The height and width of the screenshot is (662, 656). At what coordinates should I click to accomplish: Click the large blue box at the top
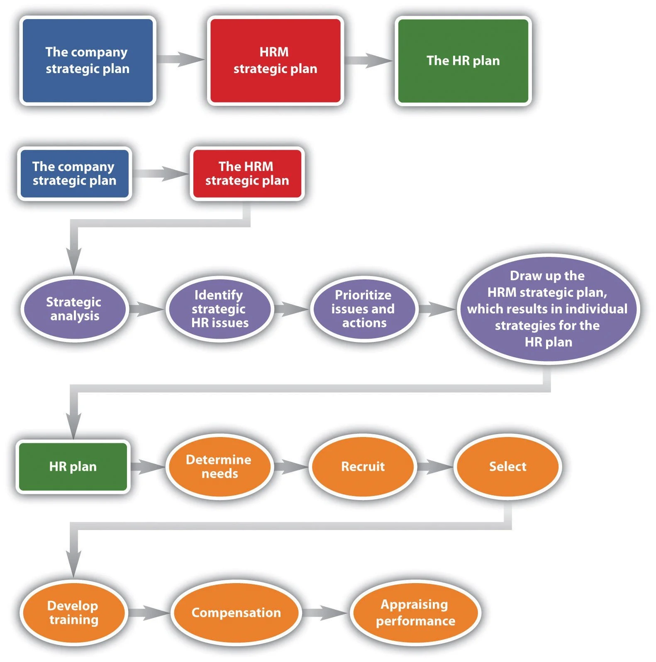click(x=88, y=61)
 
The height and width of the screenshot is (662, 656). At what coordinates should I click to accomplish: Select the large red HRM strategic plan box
click(x=275, y=61)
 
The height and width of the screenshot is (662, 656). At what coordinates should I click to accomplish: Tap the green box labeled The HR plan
click(x=463, y=61)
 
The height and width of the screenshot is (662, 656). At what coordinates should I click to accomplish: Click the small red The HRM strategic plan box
click(x=247, y=173)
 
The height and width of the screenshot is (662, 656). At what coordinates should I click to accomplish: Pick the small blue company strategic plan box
click(x=74, y=173)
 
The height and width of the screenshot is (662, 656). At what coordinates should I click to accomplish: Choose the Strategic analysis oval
click(x=74, y=308)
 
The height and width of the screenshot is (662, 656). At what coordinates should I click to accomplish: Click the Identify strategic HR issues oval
click(x=219, y=308)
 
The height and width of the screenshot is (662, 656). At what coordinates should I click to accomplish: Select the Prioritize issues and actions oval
click(x=363, y=308)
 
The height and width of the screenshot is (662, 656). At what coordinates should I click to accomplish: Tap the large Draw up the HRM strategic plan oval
click(x=548, y=309)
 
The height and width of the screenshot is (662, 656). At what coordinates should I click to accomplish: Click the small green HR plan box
click(x=73, y=467)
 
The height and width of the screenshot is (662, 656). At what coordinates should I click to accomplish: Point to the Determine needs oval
click(x=219, y=467)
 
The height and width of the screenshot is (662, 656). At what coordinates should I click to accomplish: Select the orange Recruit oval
click(x=363, y=467)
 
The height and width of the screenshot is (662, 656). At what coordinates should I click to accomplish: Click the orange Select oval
click(x=507, y=467)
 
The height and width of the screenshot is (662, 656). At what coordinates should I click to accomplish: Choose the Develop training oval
click(x=73, y=613)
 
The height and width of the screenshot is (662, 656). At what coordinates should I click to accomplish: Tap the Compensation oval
click(x=236, y=613)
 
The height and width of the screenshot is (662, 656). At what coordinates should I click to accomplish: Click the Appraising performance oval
click(x=415, y=613)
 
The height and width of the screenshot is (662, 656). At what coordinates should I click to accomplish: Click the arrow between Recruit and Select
click(x=435, y=467)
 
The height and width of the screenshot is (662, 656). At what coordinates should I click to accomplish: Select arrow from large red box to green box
click(x=368, y=60)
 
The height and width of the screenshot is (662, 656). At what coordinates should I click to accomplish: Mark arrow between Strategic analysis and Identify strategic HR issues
click(x=146, y=309)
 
